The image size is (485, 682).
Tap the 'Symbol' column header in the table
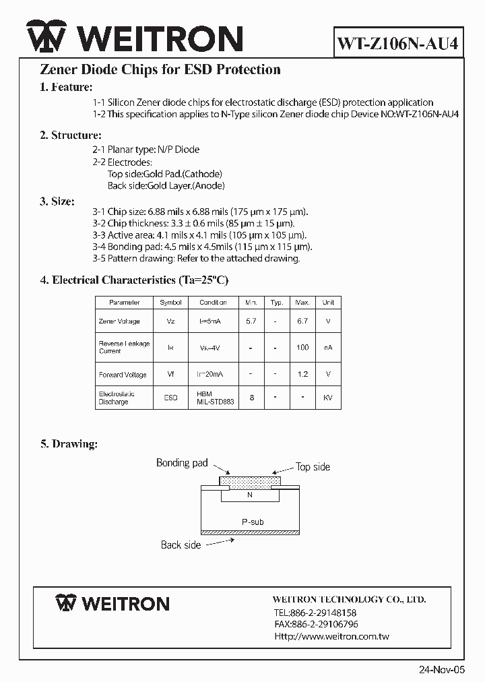pos(170,303)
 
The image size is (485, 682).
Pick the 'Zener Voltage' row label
pos(119,321)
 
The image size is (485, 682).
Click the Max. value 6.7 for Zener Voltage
pos(302,321)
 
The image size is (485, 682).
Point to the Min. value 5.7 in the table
pos(251,321)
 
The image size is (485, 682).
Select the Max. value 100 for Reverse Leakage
pos(302,347)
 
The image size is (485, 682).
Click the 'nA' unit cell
pos(328,347)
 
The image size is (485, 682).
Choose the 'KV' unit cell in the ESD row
pos(328,398)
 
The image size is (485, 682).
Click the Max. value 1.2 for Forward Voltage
pos(302,374)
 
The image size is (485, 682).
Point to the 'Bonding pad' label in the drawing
pos(182,463)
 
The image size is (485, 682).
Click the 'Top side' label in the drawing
pos(313,466)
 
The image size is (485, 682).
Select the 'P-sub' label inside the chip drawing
pos(253,522)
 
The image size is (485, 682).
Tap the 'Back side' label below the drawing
pos(181,545)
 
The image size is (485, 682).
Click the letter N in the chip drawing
pos(249,495)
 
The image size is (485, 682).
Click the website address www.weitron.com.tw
pos(331,636)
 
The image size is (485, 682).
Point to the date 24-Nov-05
pos(442,670)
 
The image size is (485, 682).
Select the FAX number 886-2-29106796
pos(316,624)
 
